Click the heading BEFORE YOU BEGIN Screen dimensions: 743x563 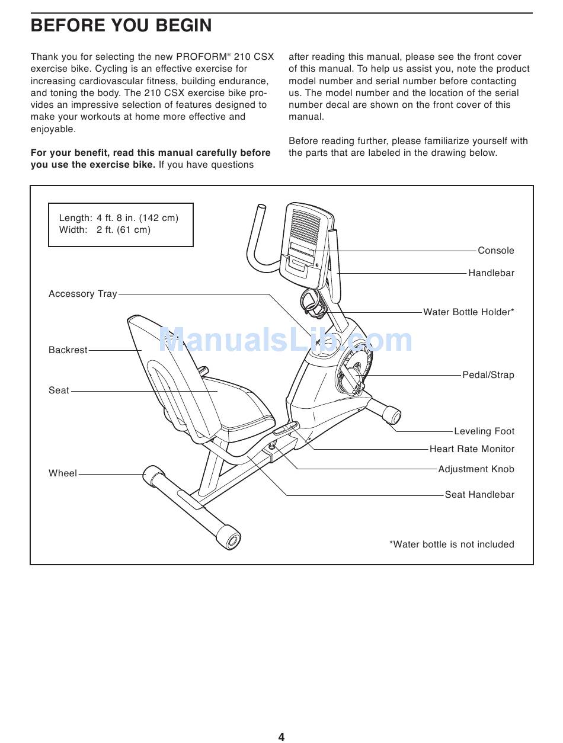pos(121,25)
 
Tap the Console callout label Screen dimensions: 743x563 pos(495,251)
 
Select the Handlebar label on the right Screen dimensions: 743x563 pos(491,273)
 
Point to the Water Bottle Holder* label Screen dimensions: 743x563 pos(468,312)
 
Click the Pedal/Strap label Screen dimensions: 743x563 pos(488,375)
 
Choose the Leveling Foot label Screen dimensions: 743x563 pos(484,431)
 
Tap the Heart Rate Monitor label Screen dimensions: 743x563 pos(472,449)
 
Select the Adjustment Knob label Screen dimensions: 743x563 pos(476,469)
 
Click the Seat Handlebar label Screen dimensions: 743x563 pos(479,495)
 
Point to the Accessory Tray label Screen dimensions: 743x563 pos(83,294)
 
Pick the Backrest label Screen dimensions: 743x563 pos(68,350)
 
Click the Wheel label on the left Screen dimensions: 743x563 pos(63,473)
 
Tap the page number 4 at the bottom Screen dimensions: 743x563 pos(281,737)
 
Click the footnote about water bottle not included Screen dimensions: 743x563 pos(452,545)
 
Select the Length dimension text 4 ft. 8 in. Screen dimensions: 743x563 pos(137,218)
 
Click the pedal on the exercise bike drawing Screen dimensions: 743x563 pos(351,377)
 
